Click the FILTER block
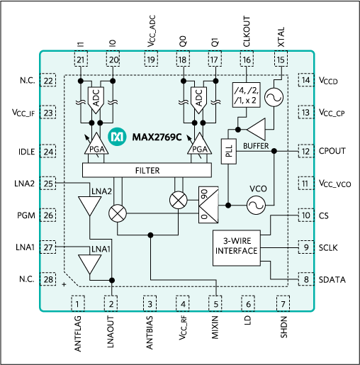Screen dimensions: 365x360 pyautogui.click(x=147, y=171)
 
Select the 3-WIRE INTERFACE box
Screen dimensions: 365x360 pyautogui.click(x=236, y=247)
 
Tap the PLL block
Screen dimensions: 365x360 pyautogui.click(x=228, y=153)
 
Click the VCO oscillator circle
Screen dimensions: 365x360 pyautogui.click(x=255, y=205)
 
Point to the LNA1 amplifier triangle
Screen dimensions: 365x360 pyautogui.click(x=89, y=264)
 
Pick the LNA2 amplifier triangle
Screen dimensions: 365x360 pyautogui.click(x=89, y=206)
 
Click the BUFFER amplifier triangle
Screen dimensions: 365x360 pyautogui.click(x=256, y=129)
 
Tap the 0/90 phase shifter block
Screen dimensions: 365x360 pyautogui.click(x=208, y=206)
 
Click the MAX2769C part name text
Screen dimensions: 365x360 pyautogui.click(x=158, y=135)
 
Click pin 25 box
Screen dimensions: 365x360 pyautogui.click(x=48, y=184)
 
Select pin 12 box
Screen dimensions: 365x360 pyautogui.click(x=305, y=151)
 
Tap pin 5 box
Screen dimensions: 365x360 pyautogui.click(x=216, y=304)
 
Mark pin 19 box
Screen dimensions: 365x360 pyautogui.click(x=150, y=61)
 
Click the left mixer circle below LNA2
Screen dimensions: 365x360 pyautogui.click(x=116, y=213)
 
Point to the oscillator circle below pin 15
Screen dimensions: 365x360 pyautogui.click(x=274, y=98)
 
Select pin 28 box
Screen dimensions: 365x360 pyautogui.click(x=48, y=281)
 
